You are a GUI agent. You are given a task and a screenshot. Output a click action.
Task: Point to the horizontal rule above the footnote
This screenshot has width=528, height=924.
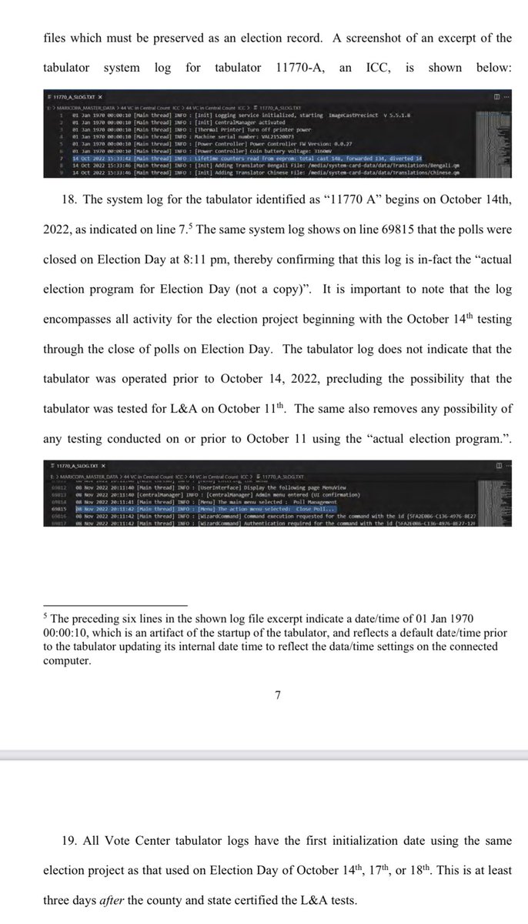[115, 604]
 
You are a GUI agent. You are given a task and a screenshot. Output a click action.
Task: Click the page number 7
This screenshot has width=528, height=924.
[278, 695]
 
